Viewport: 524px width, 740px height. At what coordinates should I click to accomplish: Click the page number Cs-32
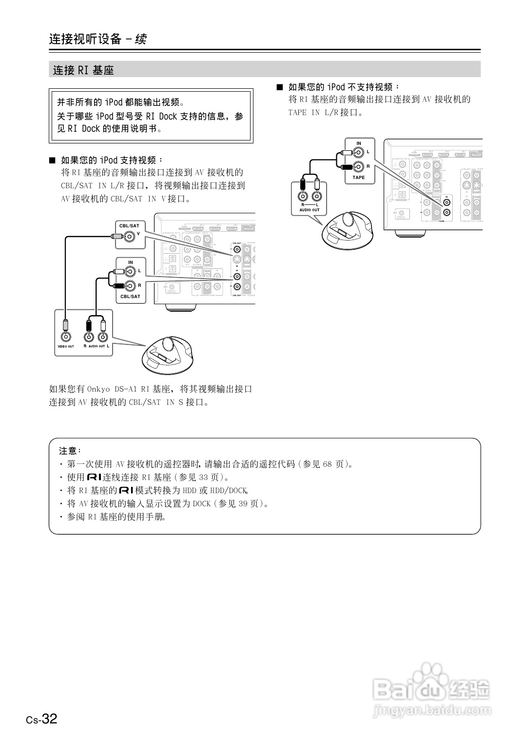(x=42, y=719)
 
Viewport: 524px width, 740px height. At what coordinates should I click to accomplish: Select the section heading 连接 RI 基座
(x=83, y=70)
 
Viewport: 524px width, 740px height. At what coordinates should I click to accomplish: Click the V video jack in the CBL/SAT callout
(x=129, y=237)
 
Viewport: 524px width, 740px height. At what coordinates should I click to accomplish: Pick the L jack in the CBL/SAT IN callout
(x=130, y=272)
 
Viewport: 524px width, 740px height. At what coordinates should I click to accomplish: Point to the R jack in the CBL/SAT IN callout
(x=130, y=286)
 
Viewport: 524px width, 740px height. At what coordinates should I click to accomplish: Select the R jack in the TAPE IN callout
(x=358, y=167)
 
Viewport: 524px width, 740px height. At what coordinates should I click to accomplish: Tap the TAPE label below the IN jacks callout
(x=358, y=178)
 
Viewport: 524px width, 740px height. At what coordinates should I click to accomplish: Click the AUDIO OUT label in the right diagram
(x=309, y=210)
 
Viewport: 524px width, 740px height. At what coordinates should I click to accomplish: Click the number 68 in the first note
(x=327, y=464)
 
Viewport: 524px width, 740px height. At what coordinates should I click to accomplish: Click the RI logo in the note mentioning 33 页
(x=94, y=477)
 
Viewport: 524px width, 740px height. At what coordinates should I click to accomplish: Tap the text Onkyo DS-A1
(x=113, y=389)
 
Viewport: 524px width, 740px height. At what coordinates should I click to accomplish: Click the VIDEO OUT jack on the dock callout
(x=65, y=336)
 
